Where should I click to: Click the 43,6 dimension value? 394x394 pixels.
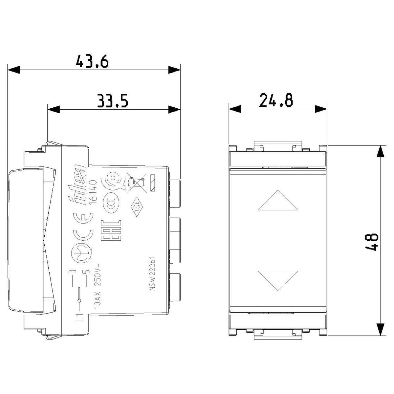coord(92,61)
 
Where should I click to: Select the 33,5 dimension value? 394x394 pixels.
coord(113,100)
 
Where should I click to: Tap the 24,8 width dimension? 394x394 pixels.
coord(276,100)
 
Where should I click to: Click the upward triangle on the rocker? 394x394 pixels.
coord(278,200)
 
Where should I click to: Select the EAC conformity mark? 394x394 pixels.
coord(111,230)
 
